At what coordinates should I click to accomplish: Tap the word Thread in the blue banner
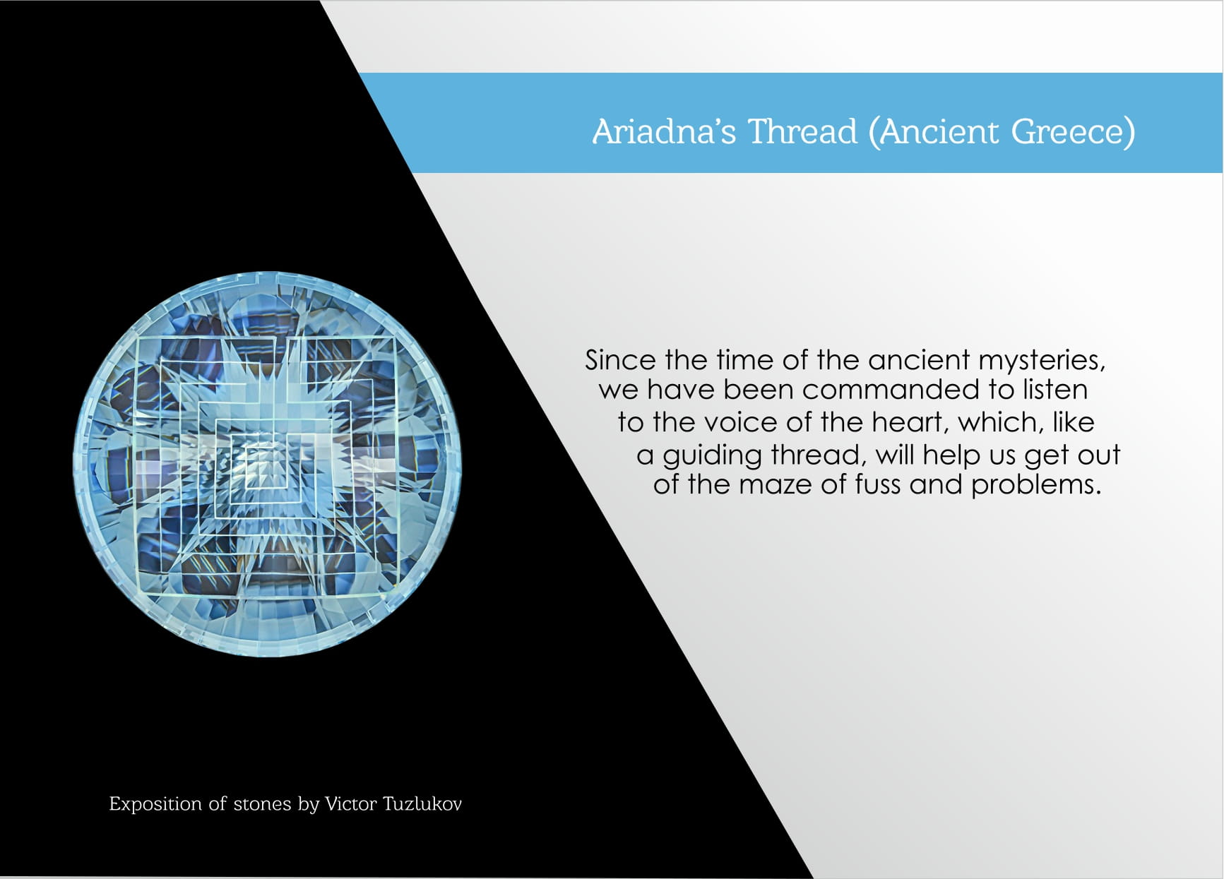(802, 131)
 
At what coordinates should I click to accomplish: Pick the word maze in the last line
(775, 485)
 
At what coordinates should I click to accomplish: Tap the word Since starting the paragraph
(621, 361)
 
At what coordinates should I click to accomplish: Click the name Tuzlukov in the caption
(422, 804)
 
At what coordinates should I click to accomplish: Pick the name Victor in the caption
(350, 804)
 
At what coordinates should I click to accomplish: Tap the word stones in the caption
(262, 804)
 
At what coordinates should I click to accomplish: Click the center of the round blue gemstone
(268, 464)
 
